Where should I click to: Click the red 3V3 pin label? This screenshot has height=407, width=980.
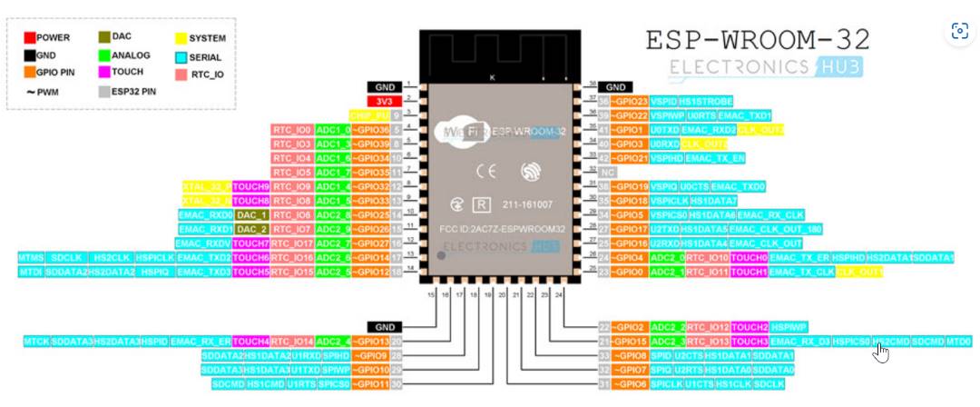[x=386, y=100]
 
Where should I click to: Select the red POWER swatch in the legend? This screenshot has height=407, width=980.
[x=30, y=38]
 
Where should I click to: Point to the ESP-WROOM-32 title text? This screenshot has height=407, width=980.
[x=757, y=38]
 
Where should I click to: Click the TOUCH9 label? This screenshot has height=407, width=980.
[x=250, y=186]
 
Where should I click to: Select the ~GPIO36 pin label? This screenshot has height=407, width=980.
[x=370, y=129]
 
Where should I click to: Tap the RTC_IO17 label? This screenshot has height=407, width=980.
[x=291, y=243]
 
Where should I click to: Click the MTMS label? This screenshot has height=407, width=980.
[x=30, y=258]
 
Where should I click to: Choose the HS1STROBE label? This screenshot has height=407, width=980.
[x=706, y=102]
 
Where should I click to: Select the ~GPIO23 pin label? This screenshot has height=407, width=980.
[x=629, y=102]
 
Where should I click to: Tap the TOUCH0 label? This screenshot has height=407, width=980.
[x=750, y=258]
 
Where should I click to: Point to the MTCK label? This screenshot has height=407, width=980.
[x=36, y=342]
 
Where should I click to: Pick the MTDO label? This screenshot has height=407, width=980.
[x=958, y=342]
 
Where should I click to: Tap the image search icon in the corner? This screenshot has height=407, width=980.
[x=959, y=31]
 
